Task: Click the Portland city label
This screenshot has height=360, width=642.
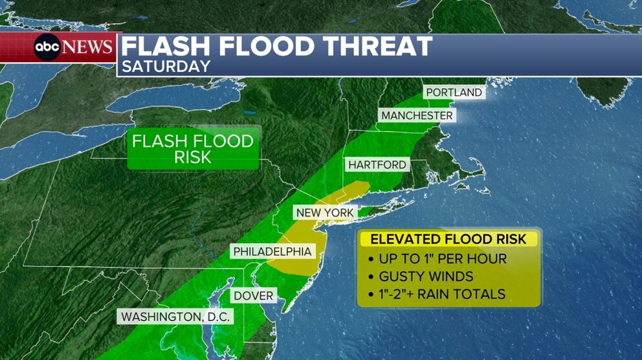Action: tap(454, 93)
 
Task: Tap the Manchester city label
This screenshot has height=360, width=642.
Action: tap(417, 115)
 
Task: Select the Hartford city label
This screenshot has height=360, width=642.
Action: tap(377, 165)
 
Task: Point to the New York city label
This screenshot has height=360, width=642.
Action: tap(325, 212)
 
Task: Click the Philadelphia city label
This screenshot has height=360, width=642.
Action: tap(272, 251)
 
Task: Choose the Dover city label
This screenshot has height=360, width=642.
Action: tap(254, 296)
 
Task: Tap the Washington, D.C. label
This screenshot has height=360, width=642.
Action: tap(174, 317)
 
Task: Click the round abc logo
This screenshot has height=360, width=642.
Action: tap(47, 47)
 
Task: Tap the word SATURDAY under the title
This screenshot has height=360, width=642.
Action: tap(166, 66)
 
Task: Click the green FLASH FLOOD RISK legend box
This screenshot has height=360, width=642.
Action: tap(193, 148)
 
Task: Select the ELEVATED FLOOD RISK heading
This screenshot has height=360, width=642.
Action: tap(448, 239)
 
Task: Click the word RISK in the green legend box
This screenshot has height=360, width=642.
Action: tap(193, 157)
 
